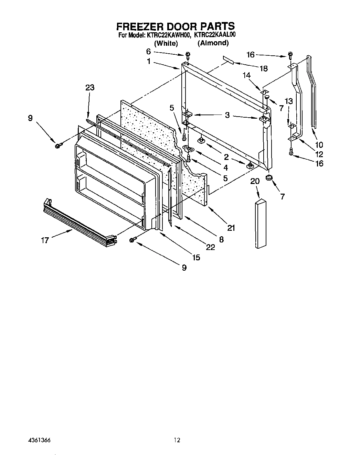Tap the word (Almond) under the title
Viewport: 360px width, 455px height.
tap(213, 43)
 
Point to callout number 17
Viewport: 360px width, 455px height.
tap(45, 240)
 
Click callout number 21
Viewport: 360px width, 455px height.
tap(231, 228)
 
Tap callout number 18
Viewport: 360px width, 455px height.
tap(263, 68)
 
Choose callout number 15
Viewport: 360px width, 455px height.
tap(196, 257)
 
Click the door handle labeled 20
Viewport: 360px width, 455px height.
tap(261, 224)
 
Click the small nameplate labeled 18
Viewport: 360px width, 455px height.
tap(228, 61)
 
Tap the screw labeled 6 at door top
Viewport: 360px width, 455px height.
tap(188, 55)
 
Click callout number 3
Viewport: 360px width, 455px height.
tap(227, 115)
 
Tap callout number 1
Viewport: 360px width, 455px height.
tap(148, 62)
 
